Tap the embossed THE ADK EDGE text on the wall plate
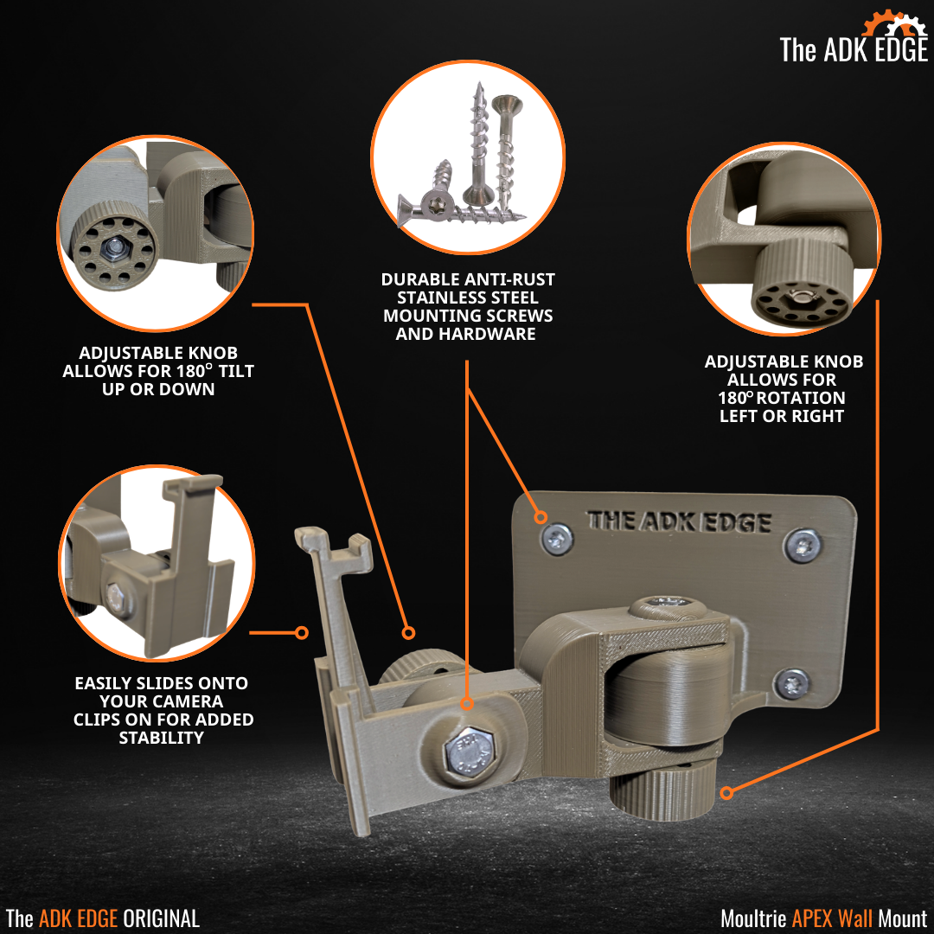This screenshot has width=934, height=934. [x=679, y=521]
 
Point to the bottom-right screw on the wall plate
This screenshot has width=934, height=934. [x=791, y=683]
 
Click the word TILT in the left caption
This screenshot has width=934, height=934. [x=233, y=371]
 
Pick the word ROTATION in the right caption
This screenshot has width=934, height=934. [x=801, y=398]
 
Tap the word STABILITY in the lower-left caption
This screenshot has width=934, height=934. [x=162, y=738]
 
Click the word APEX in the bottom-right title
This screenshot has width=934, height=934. [x=811, y=918]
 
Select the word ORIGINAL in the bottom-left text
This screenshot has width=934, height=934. [x=161, y=918]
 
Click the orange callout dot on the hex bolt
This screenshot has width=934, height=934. [x=466, y=703]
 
